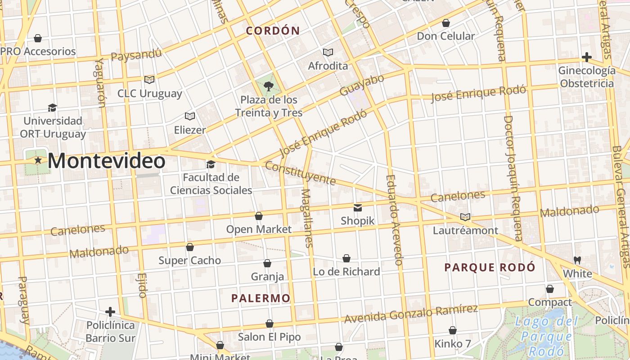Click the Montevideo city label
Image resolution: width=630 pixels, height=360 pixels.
pyautogui.click(x=106, y=161)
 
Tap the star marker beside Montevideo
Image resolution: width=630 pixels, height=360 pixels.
pyautogui.click(x=38, y=160)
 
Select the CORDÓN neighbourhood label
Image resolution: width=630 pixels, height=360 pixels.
pyautogui.click(x=273, y=31)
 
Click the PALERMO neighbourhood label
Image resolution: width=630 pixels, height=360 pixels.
pyautogui.click(x=261, y=298)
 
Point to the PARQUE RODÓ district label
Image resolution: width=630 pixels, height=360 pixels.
pyautogui.click(x=490, y=267)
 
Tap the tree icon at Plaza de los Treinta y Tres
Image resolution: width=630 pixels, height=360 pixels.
pyautogui.click(x=269, y=86)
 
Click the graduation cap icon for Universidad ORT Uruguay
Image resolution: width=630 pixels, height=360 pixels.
pyautogui.click(x=53, y=108)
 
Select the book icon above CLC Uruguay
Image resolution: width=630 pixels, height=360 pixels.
pyautogui.click(x=149, y=80)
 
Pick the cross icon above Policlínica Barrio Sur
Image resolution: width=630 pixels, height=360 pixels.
pyautogui.click(x=110, y=311)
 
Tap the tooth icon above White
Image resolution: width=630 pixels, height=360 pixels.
pyautogui.click(x=577, y=260)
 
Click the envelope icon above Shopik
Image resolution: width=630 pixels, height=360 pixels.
pyautogui.click(x=358, y=207)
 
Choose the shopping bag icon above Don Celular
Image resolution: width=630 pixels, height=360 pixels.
pyautogui.click(x=446, y=22)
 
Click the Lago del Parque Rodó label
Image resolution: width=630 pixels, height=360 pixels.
pyautogui.click(x=546, y=336)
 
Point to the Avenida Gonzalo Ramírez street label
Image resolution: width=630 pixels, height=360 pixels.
pyautogui.click(x=411, y=313)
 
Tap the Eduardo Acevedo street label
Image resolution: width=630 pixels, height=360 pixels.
pyautogui.click(x=393, y=220)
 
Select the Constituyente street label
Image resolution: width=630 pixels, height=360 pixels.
pyautogui.click(x=300, y=173)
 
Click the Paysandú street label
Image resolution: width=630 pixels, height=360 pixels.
pyautogui.click(x=136, y=55)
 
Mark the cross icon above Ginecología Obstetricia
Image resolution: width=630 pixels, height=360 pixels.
pyautogui.click(x=586, y=57)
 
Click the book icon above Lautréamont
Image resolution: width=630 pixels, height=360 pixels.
pyautogui.click(x=465, y=217)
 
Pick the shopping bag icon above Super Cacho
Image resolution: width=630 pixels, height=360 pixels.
pyautogui.click(x=190, y=247)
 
